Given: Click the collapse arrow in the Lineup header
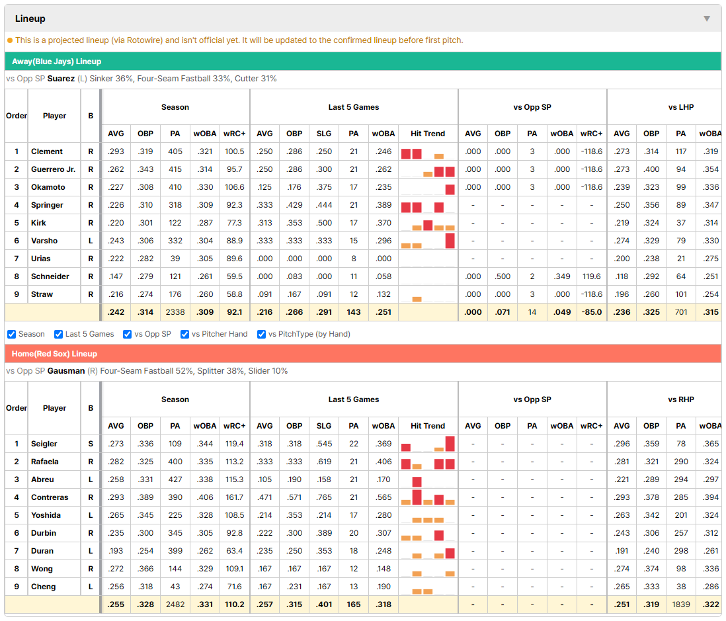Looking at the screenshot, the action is click(x=707, y=19).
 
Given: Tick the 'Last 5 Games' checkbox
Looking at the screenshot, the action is click(x=58, y=335).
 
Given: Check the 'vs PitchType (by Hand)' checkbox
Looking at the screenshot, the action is click(x=262, y=335).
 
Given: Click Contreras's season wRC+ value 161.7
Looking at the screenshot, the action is click(x=234, y=497).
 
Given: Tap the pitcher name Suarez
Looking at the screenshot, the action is click(x=61, y=79).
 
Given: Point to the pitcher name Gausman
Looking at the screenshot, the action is click(x=65, y=371).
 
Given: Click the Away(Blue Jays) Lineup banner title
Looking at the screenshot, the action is click(x=56, y=62).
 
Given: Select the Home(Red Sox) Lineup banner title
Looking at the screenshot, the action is click(x=55, y=354).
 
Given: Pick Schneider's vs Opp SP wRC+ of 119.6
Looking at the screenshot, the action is click(x=591, y=276).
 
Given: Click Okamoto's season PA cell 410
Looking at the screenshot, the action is click(x=175, y=187).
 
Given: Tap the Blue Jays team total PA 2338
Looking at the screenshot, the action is click(x=175, y=312).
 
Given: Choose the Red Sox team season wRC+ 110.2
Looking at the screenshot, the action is click(x=234, y=604).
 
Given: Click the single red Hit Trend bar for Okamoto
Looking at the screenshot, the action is click(x=450, y=189).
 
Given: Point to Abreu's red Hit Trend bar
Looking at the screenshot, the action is click(x=417, y=481).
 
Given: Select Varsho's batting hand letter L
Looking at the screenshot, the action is click(x=91, y=241).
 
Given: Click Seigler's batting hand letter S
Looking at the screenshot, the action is click(x=91, y=444).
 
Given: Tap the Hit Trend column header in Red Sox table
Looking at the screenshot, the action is click(x=427, y=426).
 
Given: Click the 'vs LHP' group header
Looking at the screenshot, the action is click(x=680, y=107).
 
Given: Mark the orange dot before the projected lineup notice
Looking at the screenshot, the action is click(x=10, y=40).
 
